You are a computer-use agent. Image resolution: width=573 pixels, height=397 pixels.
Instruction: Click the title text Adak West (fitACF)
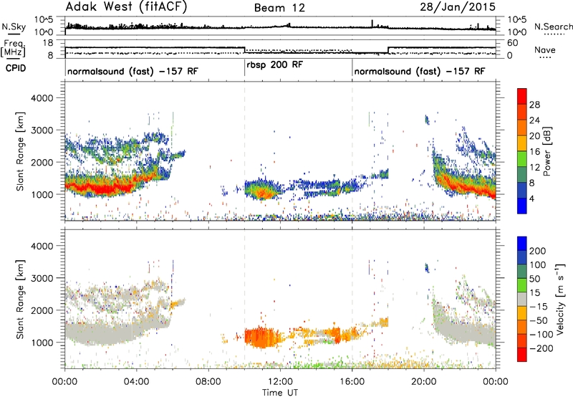(x=127, y=7)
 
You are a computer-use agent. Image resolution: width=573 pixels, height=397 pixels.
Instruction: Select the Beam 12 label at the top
(x=279, y=8)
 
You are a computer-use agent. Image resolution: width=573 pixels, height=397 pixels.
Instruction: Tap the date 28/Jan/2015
(x=458, y=7)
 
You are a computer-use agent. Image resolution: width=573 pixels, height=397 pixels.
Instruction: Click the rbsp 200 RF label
(x=275, y=65)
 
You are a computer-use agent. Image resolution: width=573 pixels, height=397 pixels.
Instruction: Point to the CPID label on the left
(x=16, y=68)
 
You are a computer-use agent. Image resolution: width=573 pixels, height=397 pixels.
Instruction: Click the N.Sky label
(x=14, y=27)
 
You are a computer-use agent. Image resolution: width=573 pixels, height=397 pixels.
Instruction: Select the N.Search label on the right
(x=553, y=27)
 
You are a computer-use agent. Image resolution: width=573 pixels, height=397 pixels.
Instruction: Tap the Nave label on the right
(x=545, y=50)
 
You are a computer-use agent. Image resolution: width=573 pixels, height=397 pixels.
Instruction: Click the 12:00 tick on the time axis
(x=280, y=382)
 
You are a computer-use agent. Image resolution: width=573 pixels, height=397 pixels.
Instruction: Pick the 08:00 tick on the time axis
(x=208, y=382)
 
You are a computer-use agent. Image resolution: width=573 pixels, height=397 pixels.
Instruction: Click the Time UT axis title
(x=280, y=393)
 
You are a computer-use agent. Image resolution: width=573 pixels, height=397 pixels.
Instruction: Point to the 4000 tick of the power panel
(x=42, y=98)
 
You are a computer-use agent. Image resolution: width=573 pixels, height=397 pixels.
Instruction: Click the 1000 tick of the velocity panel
(x=42, y=343)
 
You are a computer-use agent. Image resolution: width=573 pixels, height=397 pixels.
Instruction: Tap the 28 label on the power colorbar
(x=534, y=105)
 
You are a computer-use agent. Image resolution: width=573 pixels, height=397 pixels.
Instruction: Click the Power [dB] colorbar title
(x=547, y=151)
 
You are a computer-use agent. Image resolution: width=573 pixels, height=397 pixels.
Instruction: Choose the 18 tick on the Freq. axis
(x=48, y=43)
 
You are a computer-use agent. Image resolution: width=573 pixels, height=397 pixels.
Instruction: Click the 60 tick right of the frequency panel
(x=512, y=43)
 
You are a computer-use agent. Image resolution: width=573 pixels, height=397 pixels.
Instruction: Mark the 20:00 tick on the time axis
(x=424, y=382)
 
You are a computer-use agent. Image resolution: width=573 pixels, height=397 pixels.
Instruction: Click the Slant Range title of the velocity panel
(x=20, y=300)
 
